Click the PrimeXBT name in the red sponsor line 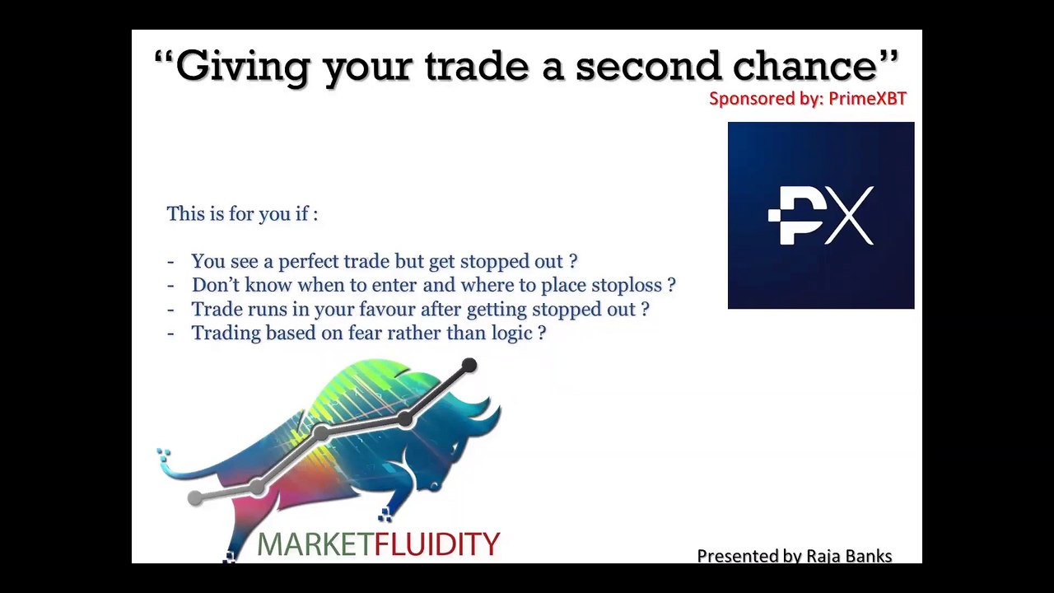pyautogui.click(x=867, y=99)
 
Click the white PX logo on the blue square pyautogui.click(x=821, y=216)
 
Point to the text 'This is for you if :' pyautogui.click(x=242, y=214)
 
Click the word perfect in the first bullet pyautogui.click(x=309, y=262)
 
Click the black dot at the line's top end pyautogui.click(x=469, y=365)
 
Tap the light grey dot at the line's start pyautogui.click(x=195, y=497)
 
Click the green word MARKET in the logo pyautogui.click(x=315, y=544)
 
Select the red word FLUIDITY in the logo pyautogui.click(x=437, y=544)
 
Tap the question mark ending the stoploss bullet pyautogui.click(x=671, y=286)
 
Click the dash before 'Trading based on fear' pyautogui.click(x=170, y=334)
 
